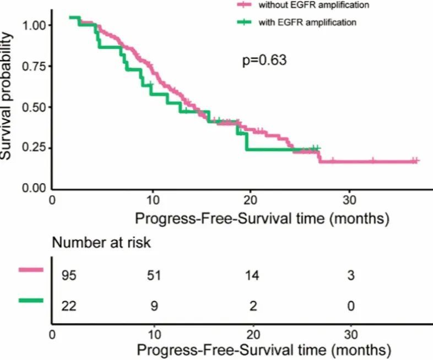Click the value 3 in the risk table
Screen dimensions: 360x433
(350, 275)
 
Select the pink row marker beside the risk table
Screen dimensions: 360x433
(30, 269)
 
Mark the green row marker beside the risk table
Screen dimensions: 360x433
(30, 300)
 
